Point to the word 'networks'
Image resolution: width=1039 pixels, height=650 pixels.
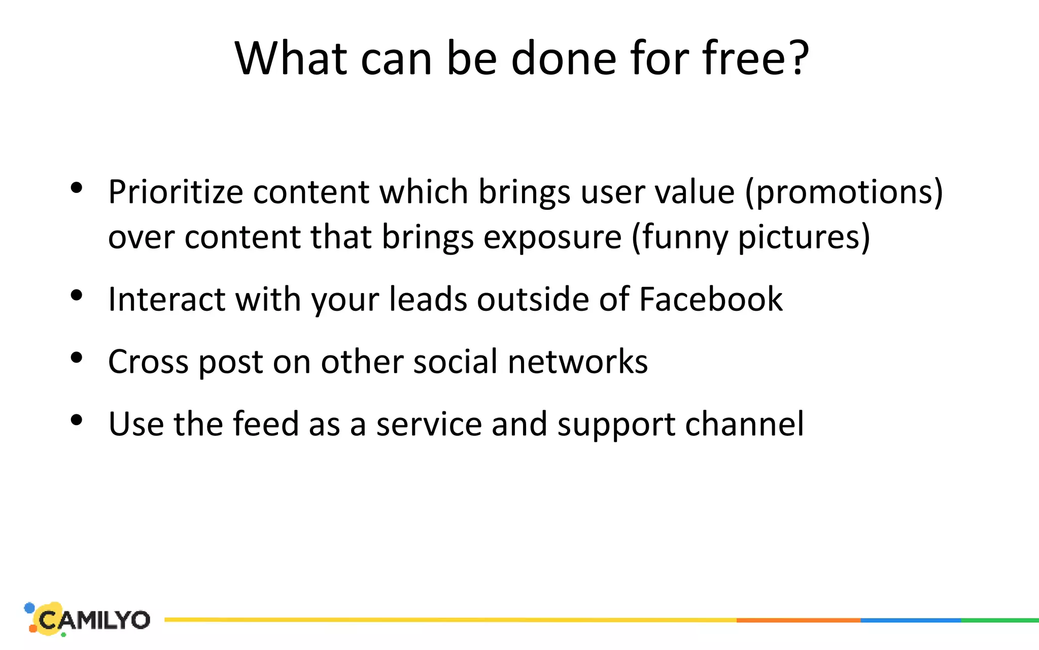click(x=578, y=362)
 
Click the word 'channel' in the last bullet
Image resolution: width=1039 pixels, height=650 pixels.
click(x=744, y=424)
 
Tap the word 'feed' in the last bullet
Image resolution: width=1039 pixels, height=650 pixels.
click(x=265, y=424)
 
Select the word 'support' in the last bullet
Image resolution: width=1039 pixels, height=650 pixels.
click(x=616, y=424)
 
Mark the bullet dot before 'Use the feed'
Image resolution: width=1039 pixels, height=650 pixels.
click(x=77, y=420)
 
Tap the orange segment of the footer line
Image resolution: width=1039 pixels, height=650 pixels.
click(x=798, y=620)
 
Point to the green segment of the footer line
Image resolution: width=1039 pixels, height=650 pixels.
click(x=1000, y=620)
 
